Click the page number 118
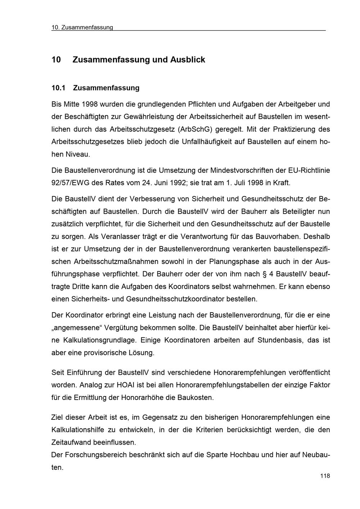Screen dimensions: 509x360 [x=325, y=476]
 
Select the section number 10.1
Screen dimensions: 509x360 [x=59, y=88]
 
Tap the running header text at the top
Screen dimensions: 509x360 [x=82, y=28]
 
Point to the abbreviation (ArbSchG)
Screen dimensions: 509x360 [x=195, y=129]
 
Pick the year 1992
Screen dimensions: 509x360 [x=184, y=183]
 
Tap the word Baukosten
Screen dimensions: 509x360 [x=197, y=397]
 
